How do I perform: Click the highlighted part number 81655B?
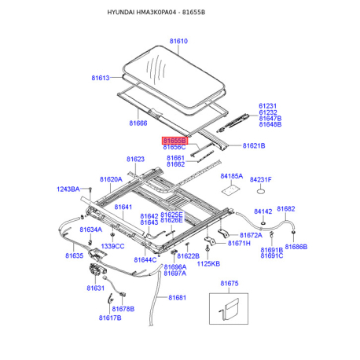[x=174, y=139]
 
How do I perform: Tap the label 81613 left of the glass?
[x=101, y=78]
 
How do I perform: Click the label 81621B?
[x=253, y=146]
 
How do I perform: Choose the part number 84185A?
[x=231, y=177]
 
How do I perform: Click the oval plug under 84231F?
[x=261, y=190]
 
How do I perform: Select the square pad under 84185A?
[x=230, y=189]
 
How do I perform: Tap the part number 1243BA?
[x=68, y=189]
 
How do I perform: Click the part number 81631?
[x=95, y=288]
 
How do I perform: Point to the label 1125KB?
[x=208, y=264]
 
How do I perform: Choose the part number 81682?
[x=285, y=209]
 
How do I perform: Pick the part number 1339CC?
[x=113, y=247]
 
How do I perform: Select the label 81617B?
[x=110, y=318]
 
